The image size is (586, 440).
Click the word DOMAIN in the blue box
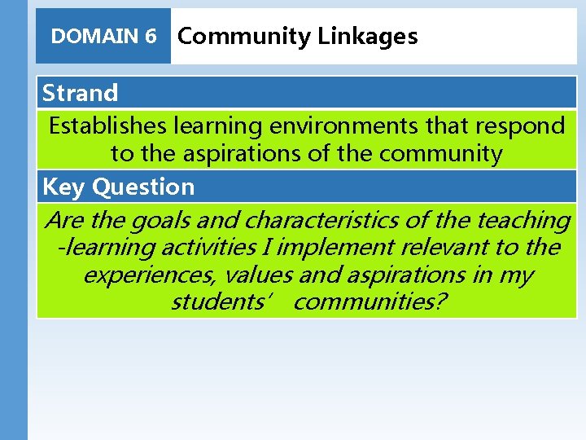(x=94, y=37)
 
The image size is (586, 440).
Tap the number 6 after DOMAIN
(x=151, y=37)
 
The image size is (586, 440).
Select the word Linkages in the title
(x=368, y=37)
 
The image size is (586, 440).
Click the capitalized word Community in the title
(x=244, y=37)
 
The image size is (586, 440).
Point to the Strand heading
(x=80, y=93)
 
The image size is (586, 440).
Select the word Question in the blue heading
(x=143, y=187)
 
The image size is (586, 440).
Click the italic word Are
(x=64, y=220)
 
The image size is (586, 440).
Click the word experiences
(x=150, y=275)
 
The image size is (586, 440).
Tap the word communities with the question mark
(x=370, y=302)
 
